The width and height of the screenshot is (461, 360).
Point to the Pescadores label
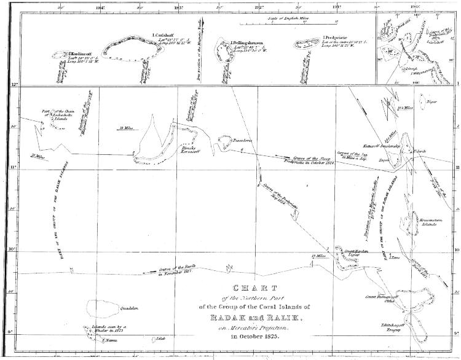237,141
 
